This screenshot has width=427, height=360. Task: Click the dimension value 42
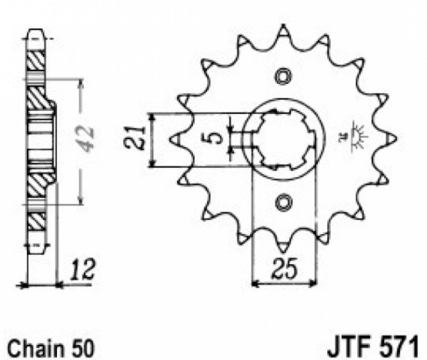(87, 139)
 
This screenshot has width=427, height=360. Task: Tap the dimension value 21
(134, 138)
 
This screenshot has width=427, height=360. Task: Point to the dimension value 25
(284, 268)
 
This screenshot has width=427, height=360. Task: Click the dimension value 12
(82, 270)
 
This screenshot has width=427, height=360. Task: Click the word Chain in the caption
(36, 348)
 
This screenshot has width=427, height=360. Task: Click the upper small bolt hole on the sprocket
(284, 76)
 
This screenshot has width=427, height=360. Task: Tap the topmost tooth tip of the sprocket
(284, 25)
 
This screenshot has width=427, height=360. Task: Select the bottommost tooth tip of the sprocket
(284, 253)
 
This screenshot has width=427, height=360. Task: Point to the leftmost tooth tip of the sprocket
(170, 139)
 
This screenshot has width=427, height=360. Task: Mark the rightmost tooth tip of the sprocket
(396, 139)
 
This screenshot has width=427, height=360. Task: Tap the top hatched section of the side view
(36, 61)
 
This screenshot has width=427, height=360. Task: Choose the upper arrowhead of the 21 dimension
(152, 117)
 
